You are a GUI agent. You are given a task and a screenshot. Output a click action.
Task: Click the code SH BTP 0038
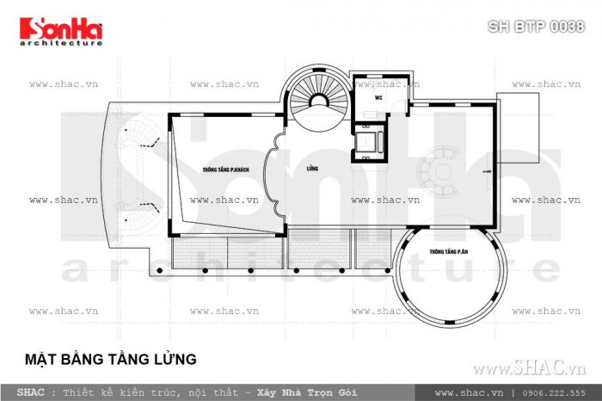pyautogui.click(x=536, y=27)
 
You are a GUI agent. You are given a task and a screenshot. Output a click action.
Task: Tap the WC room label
pyautogui.click(x=378, y=98)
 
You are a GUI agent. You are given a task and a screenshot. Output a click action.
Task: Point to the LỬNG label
pyautogui.click(x=311, y=170)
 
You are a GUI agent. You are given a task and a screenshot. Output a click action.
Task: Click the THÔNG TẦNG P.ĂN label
pyautogui.click(x=450, y=253)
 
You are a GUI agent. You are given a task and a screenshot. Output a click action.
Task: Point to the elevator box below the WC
pyautogui.click(x=368, y=142)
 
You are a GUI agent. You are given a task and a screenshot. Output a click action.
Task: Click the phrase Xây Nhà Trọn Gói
pyautogui.click(x=298, y=392)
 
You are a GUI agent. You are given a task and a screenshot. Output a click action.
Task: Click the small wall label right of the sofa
pyautogui.click(x=487, y=171)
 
